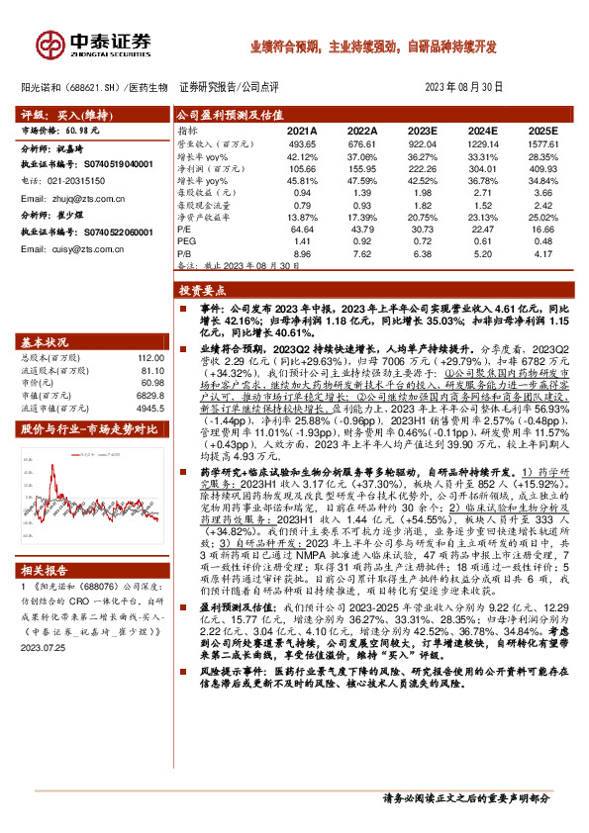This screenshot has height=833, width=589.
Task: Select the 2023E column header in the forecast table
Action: (422, 131)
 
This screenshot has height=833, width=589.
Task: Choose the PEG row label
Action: (185, 240)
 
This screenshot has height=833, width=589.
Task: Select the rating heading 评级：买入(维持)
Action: (62, 115)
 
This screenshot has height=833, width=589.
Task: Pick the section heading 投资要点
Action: (204, 291)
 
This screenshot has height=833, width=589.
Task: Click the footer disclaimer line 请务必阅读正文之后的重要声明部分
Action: (465, 796)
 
